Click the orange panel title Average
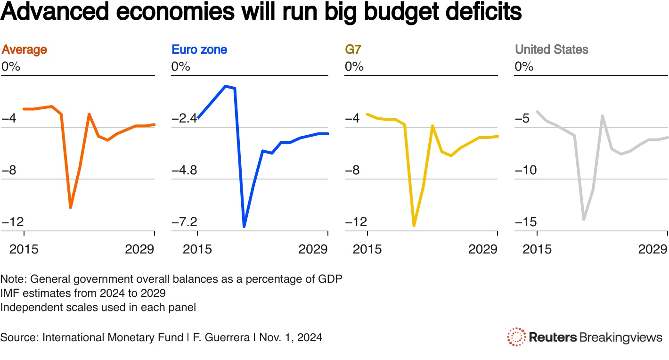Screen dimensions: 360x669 pyautogui.click(x=24, y=49)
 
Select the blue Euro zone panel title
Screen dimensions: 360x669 pyautogui.click(x=199, y=49)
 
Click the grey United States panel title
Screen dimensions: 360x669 pyautogui.click(x=551, y=49)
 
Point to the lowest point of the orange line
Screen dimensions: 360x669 pyautogui.click(x=71, y=207)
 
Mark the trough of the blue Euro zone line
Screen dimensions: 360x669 pyautogui.click(x=244, y=227)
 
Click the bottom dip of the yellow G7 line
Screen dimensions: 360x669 pyautogui.click(x=414, y=226)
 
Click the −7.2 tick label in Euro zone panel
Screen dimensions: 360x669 pyautogui.click(x=184, y=222)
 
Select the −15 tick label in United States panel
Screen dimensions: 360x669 pyautogui.click(x=526, y=222)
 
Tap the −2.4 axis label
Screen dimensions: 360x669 pyautogui.click(x=184, y=118)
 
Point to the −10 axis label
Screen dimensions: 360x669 pyautogui.click(x=526, y=170)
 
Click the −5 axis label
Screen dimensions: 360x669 pyautogui.click(x=522, y=118)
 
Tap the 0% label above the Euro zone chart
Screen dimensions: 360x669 pyautogui.click(x=180, y=66)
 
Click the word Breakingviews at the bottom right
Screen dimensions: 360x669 pyautogui.click(x=620, y=337)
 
